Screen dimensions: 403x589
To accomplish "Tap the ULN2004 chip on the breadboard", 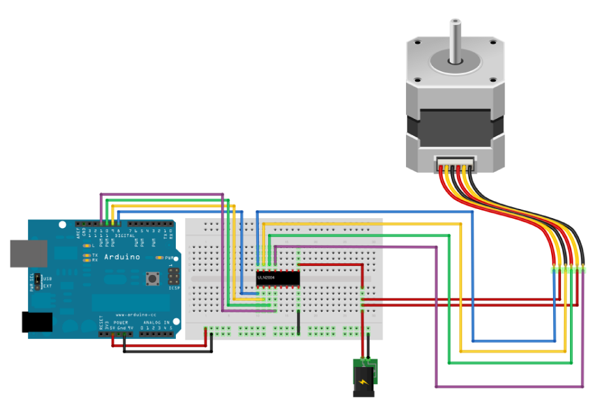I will (x=278, y=278).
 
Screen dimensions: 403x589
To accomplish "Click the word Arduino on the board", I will (x=122, y=257).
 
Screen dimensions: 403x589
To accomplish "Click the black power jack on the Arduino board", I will (x=37, y=323).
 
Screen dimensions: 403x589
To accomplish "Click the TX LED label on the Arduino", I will (x=95, y=254).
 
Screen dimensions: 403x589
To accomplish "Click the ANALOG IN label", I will (x=156, y=322).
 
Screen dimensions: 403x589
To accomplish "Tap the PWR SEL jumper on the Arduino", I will (x=38, y=282).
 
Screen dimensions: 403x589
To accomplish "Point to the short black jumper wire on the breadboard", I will (x=297, y=323).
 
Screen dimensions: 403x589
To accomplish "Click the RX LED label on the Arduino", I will (x=95, y=260).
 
